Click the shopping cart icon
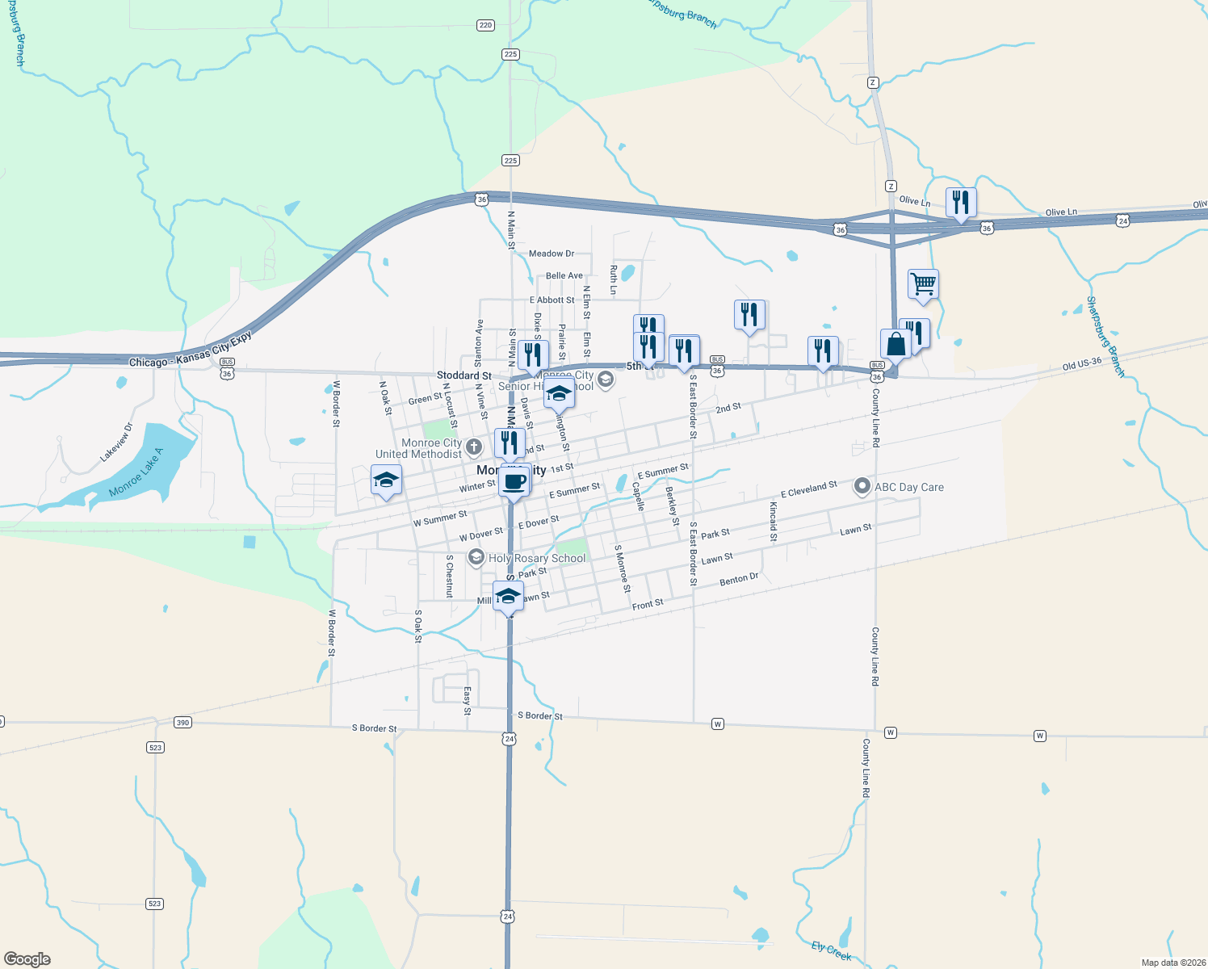point(923,284)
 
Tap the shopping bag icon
point(896,344)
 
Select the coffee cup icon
point(514,481)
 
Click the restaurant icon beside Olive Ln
point(960,202)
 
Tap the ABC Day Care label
point(908,487)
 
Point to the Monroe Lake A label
point(136,472)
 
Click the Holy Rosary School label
point(536,558)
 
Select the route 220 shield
point(485,25)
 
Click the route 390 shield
point(183,722)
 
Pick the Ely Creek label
point(831,951)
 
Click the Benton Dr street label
point(739,579)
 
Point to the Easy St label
point(467,701)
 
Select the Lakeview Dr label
point(116,443)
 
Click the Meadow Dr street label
point(552,254)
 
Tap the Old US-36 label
point(1081,364)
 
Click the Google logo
point(27,959)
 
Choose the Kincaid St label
point(773,521)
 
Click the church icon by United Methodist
point(474,447)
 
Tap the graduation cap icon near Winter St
point(386,480)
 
